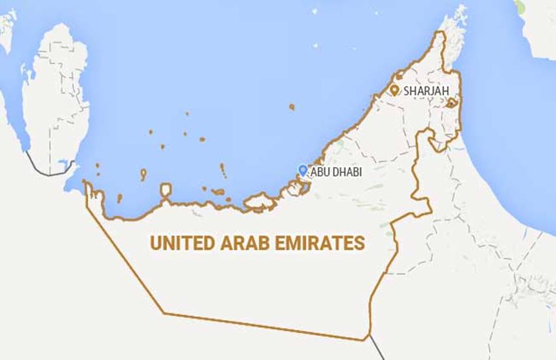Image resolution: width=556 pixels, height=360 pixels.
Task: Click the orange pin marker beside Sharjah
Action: (x=394, y=90)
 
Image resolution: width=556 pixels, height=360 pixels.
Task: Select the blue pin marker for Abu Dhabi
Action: (x=302, y=170)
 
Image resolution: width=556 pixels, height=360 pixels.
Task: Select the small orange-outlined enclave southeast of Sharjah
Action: (x=451, y=103)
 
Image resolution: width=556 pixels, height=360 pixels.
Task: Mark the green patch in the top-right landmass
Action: (x=519, y=7)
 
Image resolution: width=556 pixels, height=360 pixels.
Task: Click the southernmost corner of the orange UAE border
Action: (x=364, y=340)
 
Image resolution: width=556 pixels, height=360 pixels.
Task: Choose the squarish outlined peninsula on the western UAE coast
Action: (x=166, y=191)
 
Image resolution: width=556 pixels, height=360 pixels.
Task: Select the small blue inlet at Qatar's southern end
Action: (x=63, y=164)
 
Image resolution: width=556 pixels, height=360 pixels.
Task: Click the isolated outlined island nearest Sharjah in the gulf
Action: (x=291, y=106)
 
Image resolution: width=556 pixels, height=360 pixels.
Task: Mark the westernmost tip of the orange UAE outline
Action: (x=84, y=184)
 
